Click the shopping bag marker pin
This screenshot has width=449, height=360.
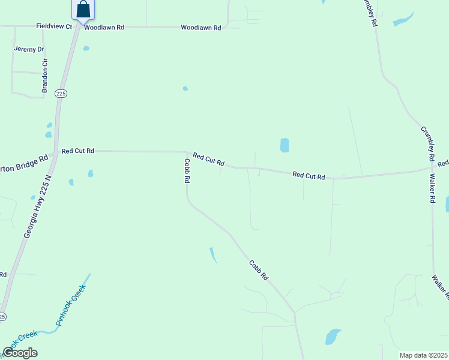tap(83, 10)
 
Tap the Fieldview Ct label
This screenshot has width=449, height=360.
tap(54, 26)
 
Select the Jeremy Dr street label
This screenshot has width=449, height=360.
tap(29, 49)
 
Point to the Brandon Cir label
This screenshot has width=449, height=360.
tap(44, 75)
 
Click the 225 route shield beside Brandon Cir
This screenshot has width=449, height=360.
tap(61, 93)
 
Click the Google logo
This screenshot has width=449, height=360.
tap(20, 353)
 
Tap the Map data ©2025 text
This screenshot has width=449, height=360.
tap(424, 355)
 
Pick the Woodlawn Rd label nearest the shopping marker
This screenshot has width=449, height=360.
tap(104, 28)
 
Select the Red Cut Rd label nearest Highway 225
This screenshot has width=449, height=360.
tap(78, 151)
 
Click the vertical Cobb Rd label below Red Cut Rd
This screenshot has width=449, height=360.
tap(187, 170)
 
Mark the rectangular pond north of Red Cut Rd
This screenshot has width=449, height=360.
tap(285, 145)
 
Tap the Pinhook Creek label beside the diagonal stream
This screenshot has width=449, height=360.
tap(71, 305)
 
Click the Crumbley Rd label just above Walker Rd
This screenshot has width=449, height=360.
tap(427, 143)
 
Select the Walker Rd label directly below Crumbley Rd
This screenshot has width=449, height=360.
tap(432, 188)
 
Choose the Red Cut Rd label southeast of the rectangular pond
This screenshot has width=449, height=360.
tap(309, 176)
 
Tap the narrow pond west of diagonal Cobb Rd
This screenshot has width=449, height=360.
tap(212, 255)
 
